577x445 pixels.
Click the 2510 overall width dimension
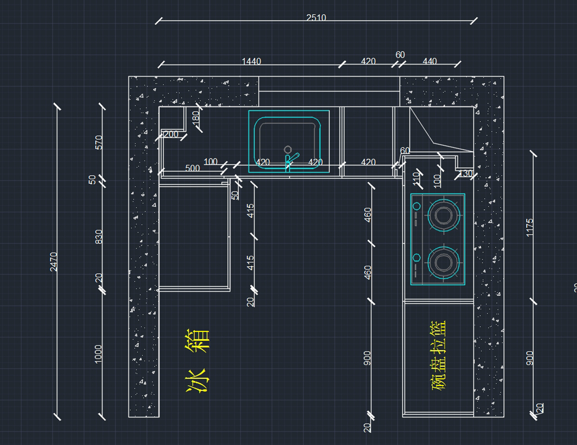pos(316,18)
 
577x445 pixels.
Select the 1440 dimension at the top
pos(251,61)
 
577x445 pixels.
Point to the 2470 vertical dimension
pos(54,262)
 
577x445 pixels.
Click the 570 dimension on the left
pos(99,142)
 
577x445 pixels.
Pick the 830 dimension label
pos(99,236)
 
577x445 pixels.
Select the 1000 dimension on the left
pos(99,354)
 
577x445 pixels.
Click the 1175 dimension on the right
pos(529,227)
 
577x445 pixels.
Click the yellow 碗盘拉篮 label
pos(439,355)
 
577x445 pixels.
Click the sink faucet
pos(290,160)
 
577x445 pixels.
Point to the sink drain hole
pos(288,149)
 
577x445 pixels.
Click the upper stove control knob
pos(416,206)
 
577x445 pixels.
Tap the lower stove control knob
pos(416,257)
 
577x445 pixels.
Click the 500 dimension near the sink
pos(192,168)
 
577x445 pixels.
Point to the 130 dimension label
pos(465,174)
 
